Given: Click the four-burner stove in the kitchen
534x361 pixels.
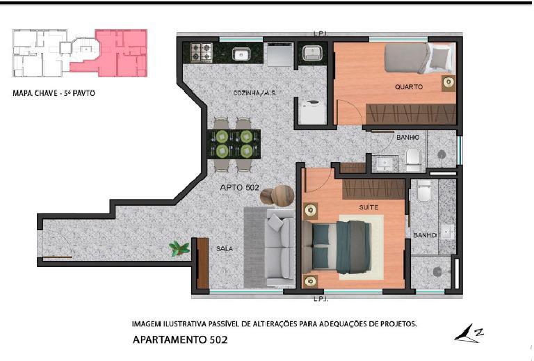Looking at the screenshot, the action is pyautogui.click(x=201, y=52).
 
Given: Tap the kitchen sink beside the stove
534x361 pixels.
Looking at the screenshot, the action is pyautogui.click(x=241, y=54).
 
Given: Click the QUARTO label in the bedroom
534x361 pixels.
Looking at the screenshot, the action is pyautogui.click(x=409, y=87).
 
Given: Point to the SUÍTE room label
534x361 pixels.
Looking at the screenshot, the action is pyautogui.click(x=369, y=207).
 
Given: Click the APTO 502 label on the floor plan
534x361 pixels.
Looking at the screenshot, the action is pyautogui.click(x=239, y=187).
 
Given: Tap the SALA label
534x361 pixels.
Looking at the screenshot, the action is pyautogui.click(x=225, y=248).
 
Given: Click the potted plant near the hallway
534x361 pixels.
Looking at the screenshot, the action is pyautogui.click(x=179, y=248).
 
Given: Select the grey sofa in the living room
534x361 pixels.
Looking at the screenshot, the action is pyautogui.click(x=280, y=248).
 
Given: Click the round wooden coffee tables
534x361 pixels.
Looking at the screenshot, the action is pyautogui.click(x=277, y=195).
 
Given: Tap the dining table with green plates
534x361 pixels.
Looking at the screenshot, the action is pyautogui.click(x=234, y=144).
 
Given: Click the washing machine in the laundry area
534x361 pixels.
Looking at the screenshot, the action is pyautogui.click(x=313, y=111).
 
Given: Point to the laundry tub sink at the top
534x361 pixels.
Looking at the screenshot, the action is pyautogui.click(x=312, y=53).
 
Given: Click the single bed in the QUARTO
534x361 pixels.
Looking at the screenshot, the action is pyautogui.click(x=419, y=58).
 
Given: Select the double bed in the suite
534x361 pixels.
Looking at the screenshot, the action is pyautogui.click(x=337, y=246).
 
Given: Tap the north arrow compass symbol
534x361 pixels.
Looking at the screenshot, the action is pyautogui.click(x=469, y=333).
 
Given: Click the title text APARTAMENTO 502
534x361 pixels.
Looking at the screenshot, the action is pyautogui.click(x=180, y=339).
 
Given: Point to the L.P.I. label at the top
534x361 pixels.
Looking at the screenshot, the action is pyautogui.click(x=321, y=33).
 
